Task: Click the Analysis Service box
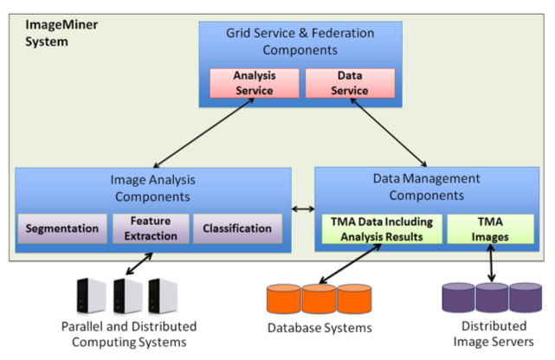click(x=254, y=82)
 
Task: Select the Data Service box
click(x=350, y=82)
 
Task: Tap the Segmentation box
click(x=61, y=228)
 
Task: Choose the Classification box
click(x=237, y=228)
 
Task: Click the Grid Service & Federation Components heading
click(x=300, y=41)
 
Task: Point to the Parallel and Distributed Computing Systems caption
click(x=128, y=334)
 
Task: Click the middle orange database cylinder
click(x=319, y=299)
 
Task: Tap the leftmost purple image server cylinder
click(x=458, y=298)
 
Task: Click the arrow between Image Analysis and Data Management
click(x=302, y=209)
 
